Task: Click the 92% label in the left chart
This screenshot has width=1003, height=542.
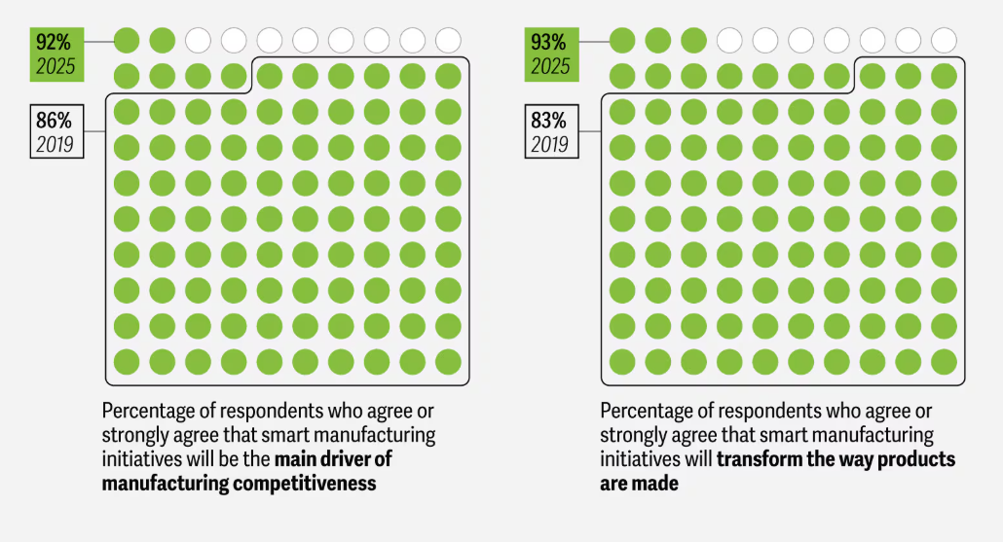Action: point(54,43)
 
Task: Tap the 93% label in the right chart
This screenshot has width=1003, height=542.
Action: point(549,43)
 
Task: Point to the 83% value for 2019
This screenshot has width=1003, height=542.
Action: point(548,122)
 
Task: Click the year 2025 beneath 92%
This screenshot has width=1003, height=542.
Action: point(56,67)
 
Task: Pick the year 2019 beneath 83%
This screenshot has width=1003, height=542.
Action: point(549,146)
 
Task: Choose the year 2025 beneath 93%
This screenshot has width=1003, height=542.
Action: point(550,67)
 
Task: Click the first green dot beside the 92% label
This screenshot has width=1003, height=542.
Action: point(127,40)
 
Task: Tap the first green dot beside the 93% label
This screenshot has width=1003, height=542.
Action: point(622,40)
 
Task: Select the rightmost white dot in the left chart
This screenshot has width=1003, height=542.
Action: point(448,40)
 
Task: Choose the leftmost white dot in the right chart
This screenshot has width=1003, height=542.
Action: point(729,40)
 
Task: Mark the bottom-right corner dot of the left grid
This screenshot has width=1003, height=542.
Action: point(448,362)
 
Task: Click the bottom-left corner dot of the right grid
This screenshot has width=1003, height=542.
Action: point(622,362)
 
